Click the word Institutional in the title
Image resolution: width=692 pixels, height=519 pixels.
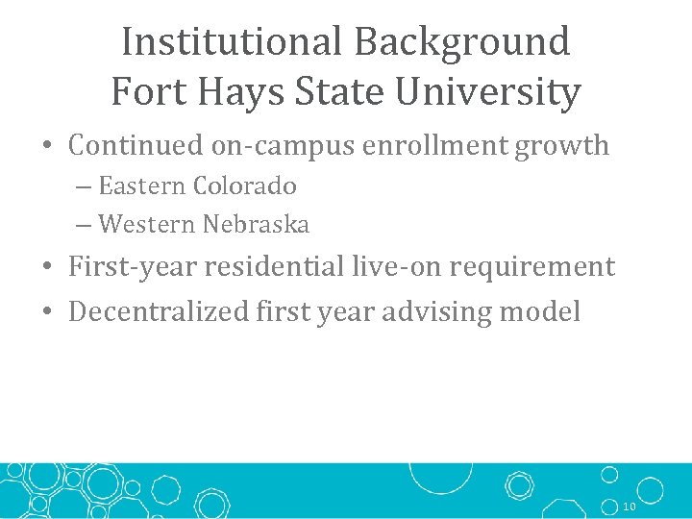[232, 41]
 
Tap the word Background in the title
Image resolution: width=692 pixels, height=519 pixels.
[462, 41]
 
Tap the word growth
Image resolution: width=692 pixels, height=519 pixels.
[562, 146]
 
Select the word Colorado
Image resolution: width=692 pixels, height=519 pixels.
[244, 185]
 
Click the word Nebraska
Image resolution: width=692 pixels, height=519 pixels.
[256, 225]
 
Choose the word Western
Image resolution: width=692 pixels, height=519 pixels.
[147, 225]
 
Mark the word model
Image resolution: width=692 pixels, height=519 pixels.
[548, 311]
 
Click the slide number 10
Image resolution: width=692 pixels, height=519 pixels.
[630, 507]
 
